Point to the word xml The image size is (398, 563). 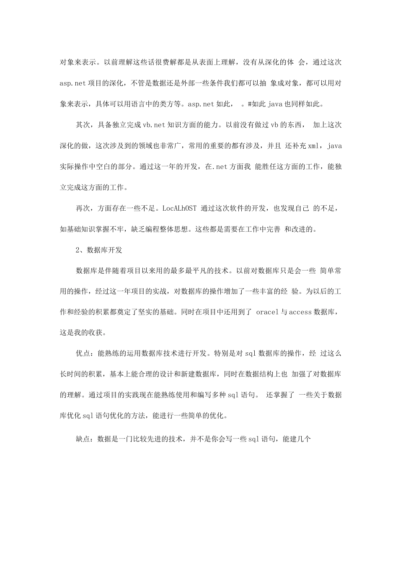tap(313, 146)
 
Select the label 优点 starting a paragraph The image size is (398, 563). tap(83, 354)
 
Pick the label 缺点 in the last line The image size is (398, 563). tap(83, 437)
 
